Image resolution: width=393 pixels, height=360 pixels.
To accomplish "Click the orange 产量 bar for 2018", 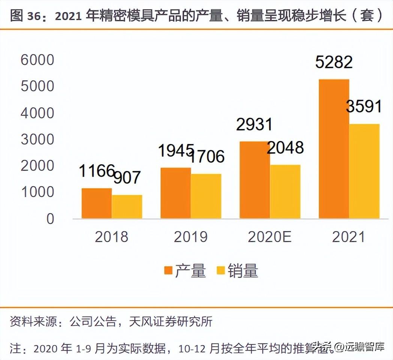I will [96, 203].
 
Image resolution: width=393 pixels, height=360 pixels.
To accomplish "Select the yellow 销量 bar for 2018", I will [127, 207].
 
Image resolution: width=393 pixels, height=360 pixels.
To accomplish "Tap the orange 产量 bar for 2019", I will [175, 193].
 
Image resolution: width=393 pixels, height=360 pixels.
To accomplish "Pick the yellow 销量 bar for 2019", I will [206, 196].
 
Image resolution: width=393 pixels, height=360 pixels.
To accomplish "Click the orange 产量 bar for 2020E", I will [255, 180].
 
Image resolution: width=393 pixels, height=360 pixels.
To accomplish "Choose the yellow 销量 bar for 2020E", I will [285, 192].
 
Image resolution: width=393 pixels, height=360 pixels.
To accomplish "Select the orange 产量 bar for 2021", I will [334, 149].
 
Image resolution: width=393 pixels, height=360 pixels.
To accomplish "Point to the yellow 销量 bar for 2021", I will [364, 171].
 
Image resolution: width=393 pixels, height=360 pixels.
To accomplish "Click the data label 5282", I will [334, 62].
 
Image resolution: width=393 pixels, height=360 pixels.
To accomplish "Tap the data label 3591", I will [364, 106].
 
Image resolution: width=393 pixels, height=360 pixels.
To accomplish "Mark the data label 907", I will [127, 177].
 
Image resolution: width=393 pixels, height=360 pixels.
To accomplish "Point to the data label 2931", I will [254, 124].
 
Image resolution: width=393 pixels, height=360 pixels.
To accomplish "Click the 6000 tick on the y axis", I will [37, 60].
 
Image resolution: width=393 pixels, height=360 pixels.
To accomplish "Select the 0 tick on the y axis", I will [50, 219].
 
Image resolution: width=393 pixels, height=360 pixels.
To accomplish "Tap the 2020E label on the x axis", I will [270, 237].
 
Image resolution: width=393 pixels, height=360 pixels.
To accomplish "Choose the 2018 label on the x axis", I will [111, 237].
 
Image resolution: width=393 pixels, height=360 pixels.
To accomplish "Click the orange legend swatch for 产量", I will [168, 271].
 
